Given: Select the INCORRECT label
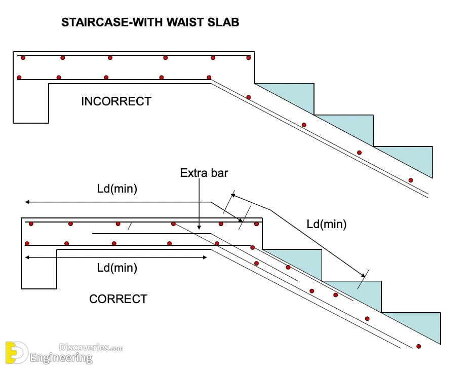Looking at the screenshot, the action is click(116, 101).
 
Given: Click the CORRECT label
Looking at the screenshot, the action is click(119, 299).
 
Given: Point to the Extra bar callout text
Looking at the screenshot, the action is click(204, 173).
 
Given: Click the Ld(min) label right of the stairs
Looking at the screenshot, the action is click(327, 224).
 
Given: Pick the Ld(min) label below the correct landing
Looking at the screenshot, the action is click(117, 268).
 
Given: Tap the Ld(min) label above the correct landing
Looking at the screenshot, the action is click(117, 189).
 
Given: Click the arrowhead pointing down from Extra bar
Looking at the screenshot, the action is click(199, 227).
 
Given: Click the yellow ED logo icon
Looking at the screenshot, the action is click(16, 352).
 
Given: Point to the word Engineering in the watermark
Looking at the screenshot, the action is click(61, 358).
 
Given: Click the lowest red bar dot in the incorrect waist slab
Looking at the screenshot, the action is click(411, 180).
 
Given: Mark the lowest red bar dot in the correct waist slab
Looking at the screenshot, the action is click(418, 346).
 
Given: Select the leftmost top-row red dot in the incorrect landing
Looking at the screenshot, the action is click(23, 58).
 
